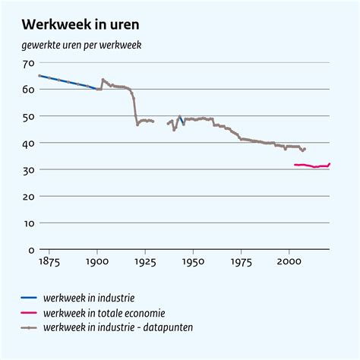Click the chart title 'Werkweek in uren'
(80, 26)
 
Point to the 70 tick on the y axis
(30, 63)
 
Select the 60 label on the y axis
(30, 90)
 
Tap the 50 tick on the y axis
(30, 116)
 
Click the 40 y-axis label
(30, 143)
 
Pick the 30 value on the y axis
(30, 169)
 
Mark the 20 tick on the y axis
(30, 196)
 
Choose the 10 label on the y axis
(30, 223)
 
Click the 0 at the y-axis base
(32, 249)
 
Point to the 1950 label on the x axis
(194, 261)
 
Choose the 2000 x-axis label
(289, 261)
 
